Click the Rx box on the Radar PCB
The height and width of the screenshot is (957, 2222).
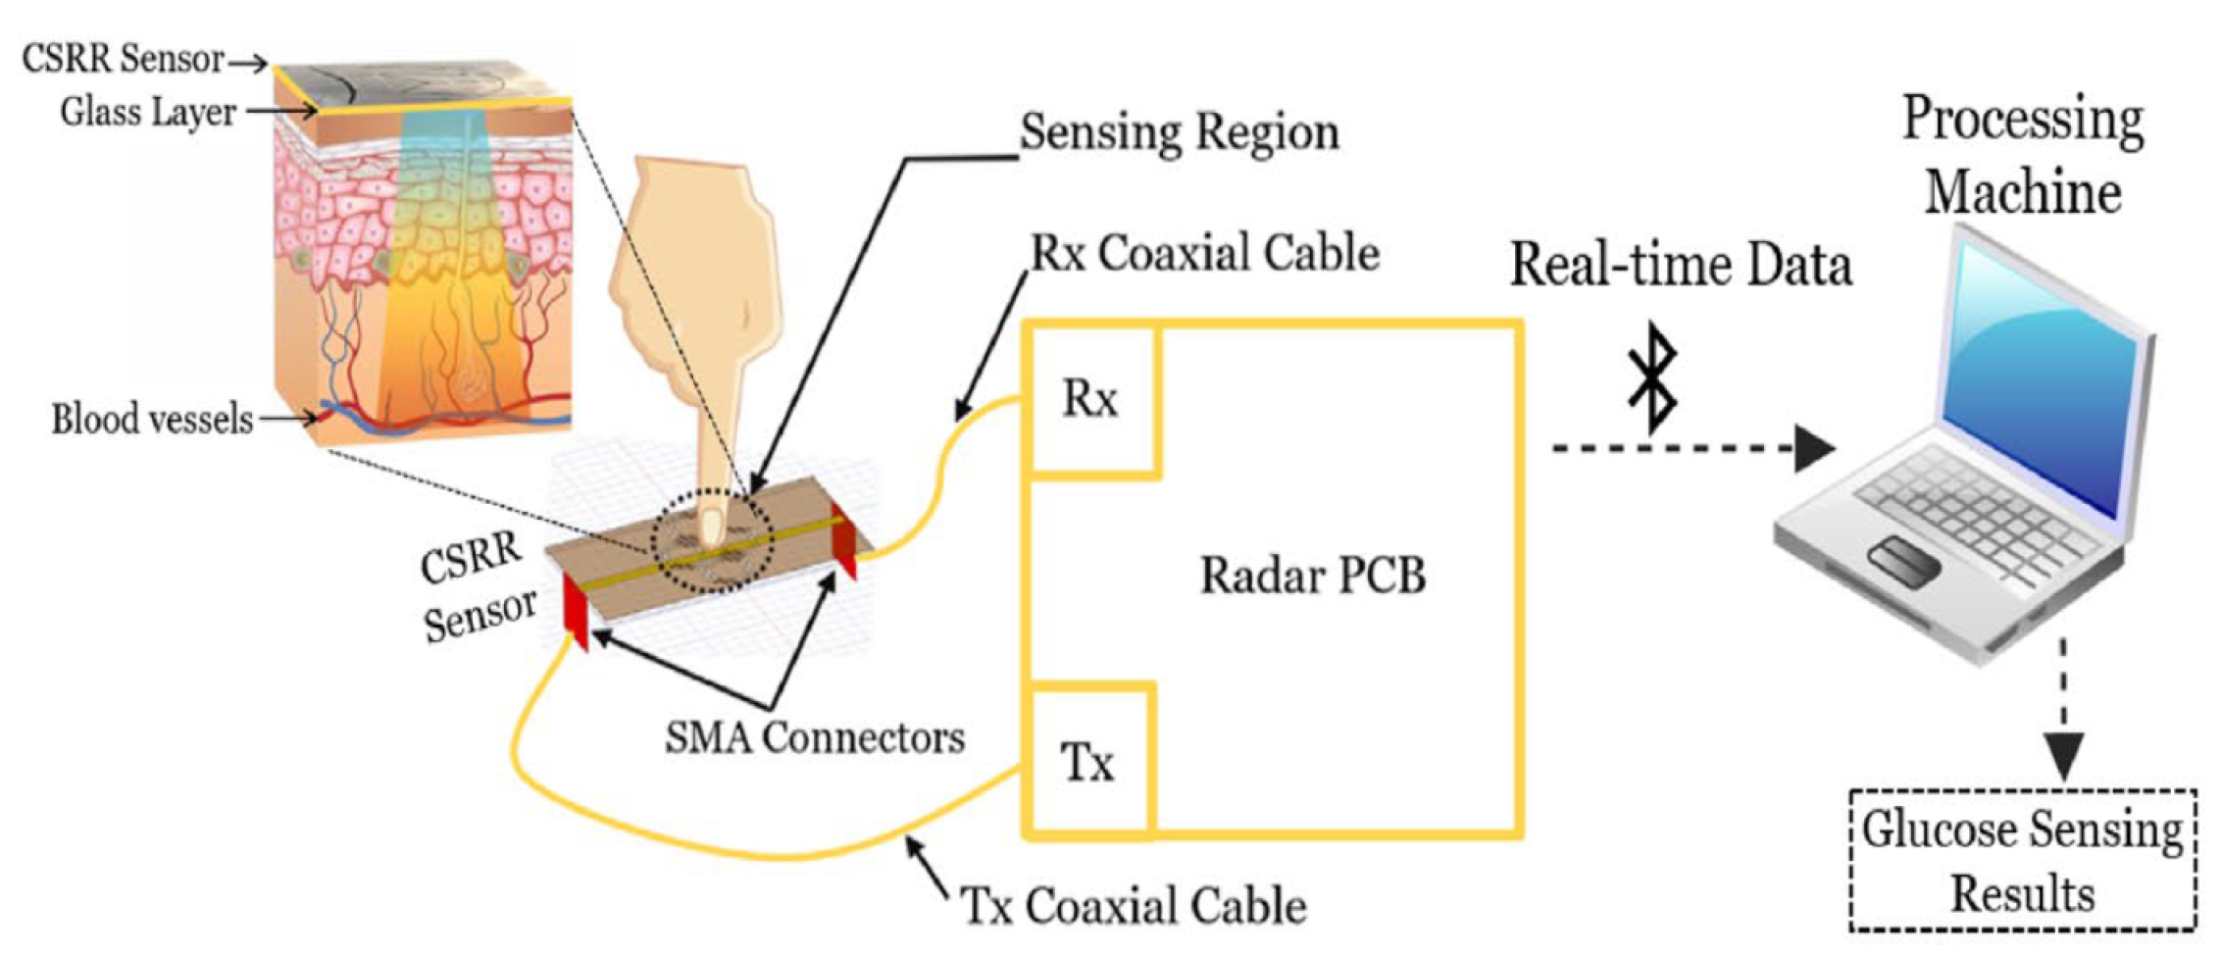click(1090, 399)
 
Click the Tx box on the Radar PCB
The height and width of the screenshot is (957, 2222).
click(1086, 762)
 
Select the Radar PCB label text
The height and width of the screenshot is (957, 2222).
click(1313, 576)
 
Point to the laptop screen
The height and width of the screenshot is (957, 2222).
click(2045, 382)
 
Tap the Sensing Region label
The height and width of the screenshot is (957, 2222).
click(1180, 132)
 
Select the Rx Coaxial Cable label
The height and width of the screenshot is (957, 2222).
click(1205, 253)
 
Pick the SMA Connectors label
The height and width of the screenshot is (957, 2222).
click(815, 737)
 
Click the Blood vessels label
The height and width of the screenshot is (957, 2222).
click(153, 420)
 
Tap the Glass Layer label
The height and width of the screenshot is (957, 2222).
click(148, 112)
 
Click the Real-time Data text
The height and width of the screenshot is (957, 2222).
click(1681, 265)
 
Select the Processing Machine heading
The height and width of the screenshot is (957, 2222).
click(2023, 155)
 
